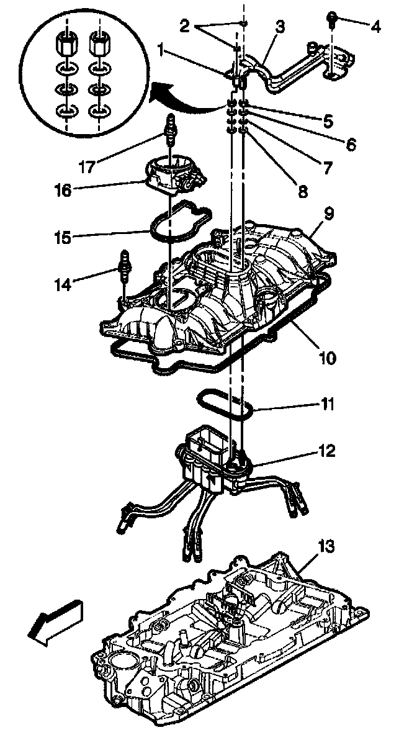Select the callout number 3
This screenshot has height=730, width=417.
280,27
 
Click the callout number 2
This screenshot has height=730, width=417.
184,26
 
